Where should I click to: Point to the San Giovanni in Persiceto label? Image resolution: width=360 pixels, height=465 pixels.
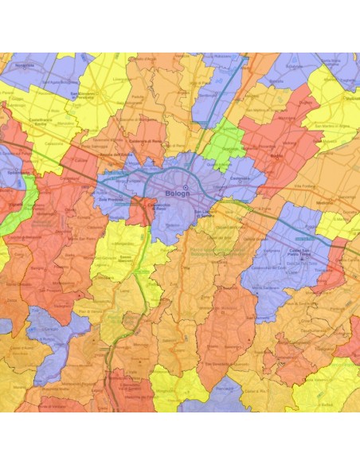[x=85, y=97]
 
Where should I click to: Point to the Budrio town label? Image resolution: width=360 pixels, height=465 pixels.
[x=277, y=157]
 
